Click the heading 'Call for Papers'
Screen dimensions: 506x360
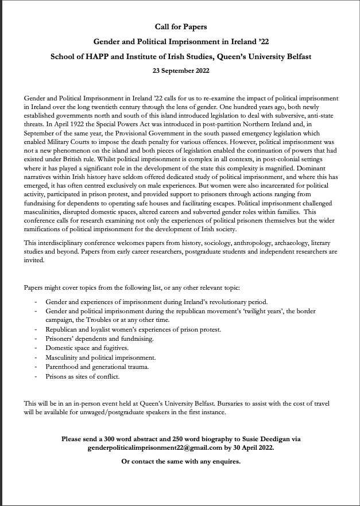tap(181, 26)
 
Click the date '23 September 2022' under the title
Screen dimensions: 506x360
tap(181, 71)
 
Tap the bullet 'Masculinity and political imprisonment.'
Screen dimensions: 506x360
tap(101, 357)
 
